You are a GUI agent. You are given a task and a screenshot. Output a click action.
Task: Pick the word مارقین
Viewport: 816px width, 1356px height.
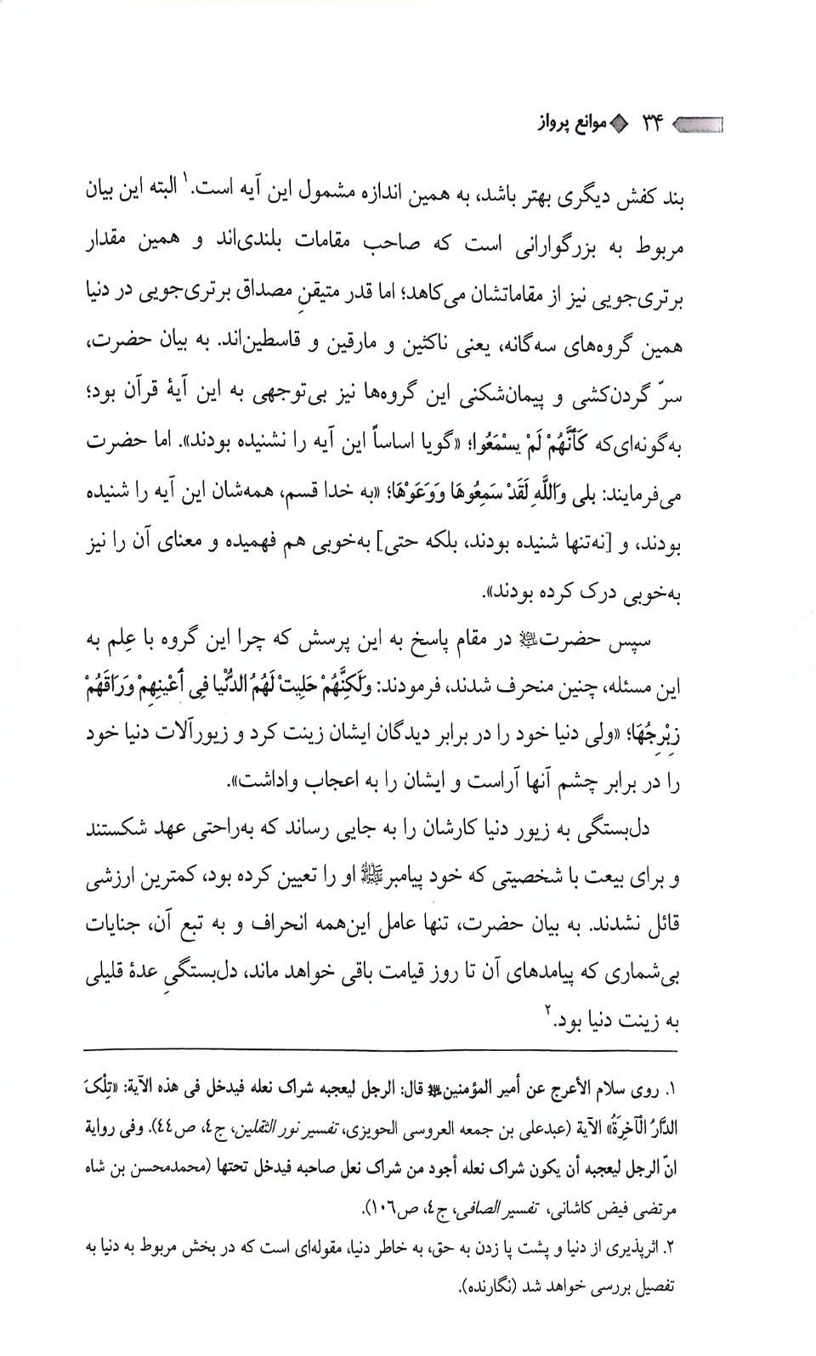click(x=300, y=347)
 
